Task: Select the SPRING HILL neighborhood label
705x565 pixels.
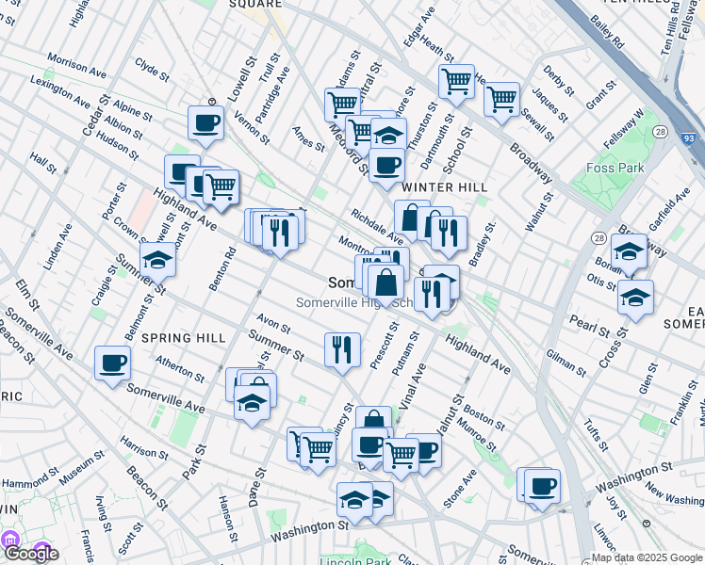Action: coord(183,337)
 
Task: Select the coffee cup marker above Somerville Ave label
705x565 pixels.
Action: coord(113,363)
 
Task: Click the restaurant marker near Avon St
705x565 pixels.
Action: coord(342,349)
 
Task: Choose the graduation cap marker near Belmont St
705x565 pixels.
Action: coord(158,261)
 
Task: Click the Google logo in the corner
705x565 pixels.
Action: coord(30,554)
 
